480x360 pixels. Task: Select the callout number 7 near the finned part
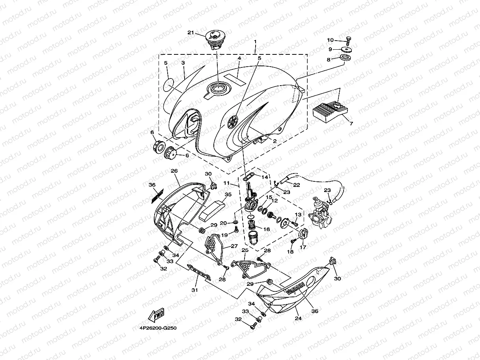[351, 123]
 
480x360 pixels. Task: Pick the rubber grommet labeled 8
[347, 60]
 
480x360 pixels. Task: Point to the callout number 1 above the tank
[255, 41]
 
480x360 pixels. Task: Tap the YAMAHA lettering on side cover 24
[295, 289]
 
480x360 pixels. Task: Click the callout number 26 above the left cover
[174, 171]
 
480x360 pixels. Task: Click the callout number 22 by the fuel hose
[297, 185]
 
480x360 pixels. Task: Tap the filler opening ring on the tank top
[218, 88]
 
